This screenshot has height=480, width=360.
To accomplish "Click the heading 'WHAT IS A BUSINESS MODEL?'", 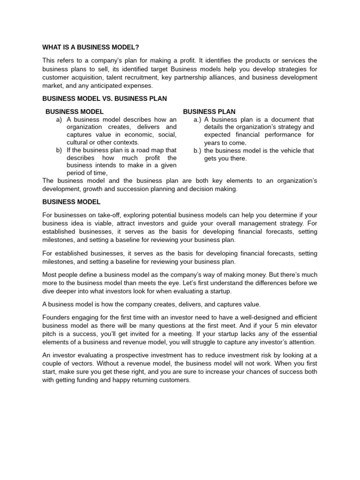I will (91, 47).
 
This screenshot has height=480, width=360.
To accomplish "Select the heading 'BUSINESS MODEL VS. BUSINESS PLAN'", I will (105, 99).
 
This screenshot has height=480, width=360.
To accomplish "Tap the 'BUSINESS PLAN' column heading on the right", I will (209, 112).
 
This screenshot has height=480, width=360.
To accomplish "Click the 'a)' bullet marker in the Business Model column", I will (59, 120).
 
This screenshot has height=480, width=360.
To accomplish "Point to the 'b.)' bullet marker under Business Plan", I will (197, 151).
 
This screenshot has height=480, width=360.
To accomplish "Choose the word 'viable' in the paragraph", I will (93, 223).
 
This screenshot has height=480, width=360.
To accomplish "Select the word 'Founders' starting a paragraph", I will (57, 317).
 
